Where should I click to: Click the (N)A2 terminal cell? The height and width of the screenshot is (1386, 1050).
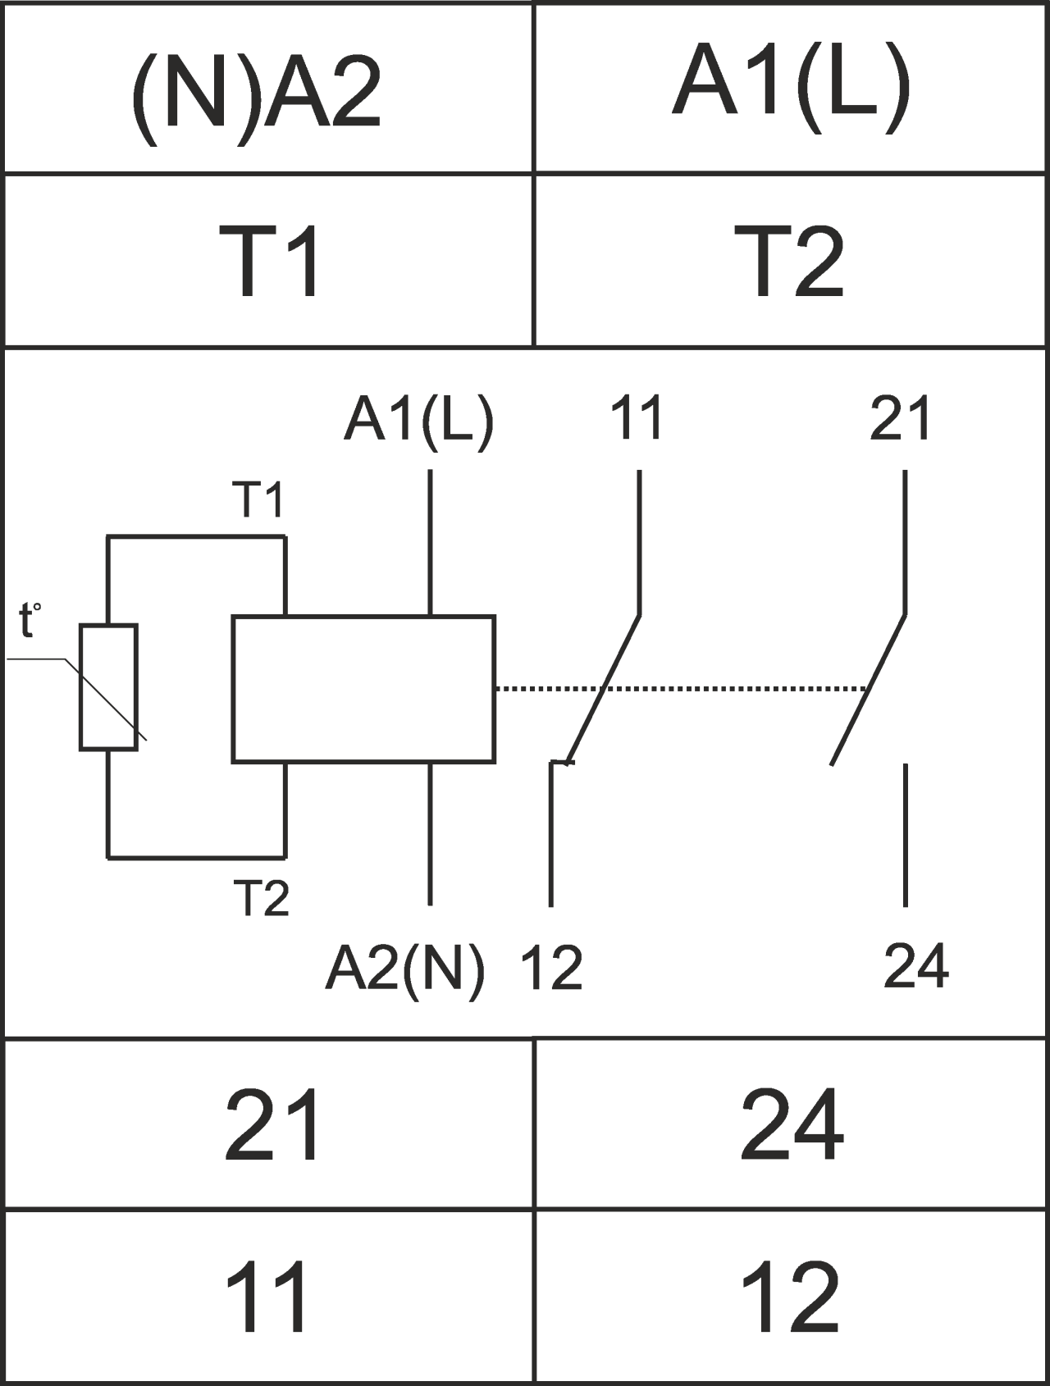267,89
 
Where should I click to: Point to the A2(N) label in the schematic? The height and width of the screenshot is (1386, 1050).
404,968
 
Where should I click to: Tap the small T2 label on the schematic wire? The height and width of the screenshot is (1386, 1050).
262,898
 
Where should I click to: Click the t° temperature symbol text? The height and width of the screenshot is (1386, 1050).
29,621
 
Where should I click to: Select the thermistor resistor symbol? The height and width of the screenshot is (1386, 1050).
108,687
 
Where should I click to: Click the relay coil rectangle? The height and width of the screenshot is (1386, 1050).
363,689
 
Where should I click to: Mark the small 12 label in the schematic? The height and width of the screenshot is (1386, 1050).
551,968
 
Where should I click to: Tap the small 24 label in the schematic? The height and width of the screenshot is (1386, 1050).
915,966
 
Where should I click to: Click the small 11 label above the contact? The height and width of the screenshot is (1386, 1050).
637,417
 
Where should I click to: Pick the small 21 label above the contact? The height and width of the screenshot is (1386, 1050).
900,417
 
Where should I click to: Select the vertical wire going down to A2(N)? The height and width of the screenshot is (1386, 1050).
430,833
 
